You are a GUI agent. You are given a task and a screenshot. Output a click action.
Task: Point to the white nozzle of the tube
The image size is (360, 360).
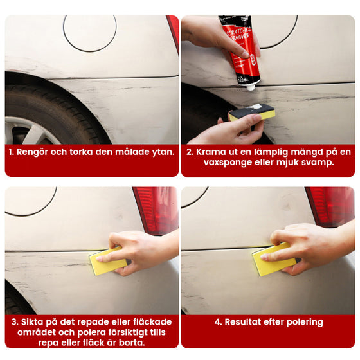pos(251,87)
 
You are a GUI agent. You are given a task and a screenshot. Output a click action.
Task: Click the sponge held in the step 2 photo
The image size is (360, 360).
pos(252,112)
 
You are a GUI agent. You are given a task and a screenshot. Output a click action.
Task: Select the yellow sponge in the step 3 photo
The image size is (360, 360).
pos(108,261)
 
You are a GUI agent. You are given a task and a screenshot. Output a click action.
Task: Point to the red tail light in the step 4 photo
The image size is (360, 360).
pos(330,206)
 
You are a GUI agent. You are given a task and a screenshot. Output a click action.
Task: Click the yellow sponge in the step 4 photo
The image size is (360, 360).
pos(274,259)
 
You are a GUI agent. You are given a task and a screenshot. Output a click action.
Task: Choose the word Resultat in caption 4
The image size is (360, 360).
pos(243,322)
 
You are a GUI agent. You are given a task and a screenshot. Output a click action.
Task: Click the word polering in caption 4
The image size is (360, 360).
pos(305,323)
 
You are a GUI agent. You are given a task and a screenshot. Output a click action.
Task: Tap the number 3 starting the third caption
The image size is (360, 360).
pos(14,322)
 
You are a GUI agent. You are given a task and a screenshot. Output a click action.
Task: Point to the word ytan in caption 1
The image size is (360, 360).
pos(163,152)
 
